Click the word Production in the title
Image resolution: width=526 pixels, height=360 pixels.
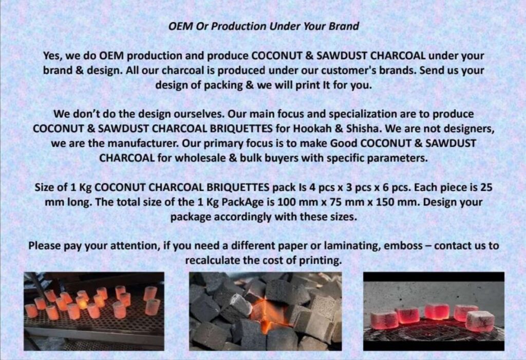[238, 26]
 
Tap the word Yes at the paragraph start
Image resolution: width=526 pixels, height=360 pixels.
[51, 55]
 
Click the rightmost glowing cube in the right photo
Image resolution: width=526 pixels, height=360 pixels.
[480, 321]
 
